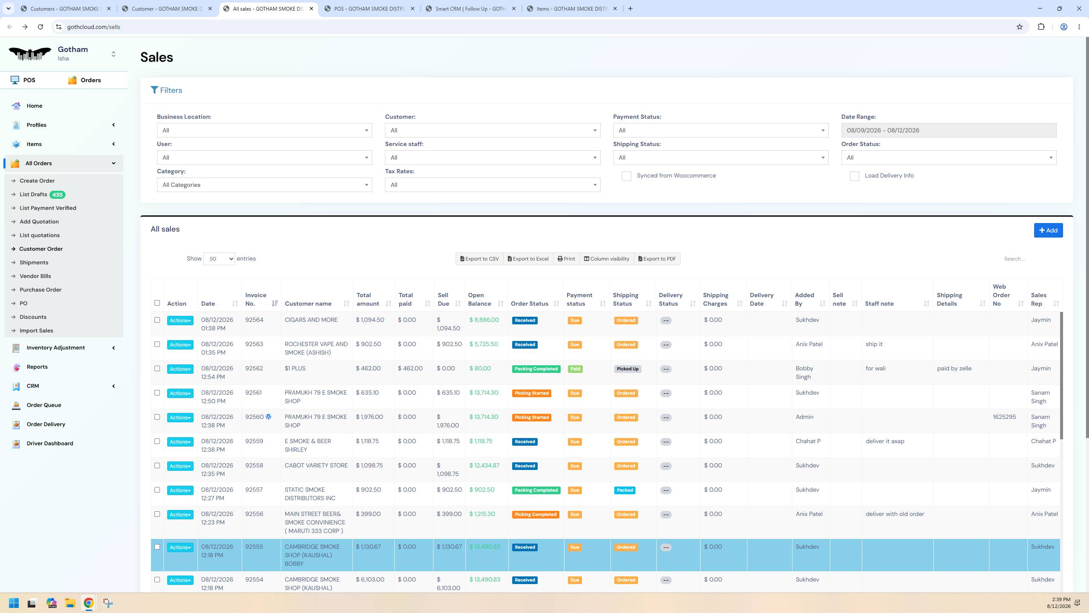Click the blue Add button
pos(1048,230)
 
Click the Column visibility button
pos(607,259)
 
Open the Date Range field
pos(949,130)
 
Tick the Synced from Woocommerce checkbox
pos(626,176)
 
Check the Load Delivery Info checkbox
pos(854,176)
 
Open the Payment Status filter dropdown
pos(721,130)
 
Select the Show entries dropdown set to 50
pos(219,259)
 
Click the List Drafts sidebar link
pos(33,195)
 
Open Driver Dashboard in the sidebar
pos(50,443)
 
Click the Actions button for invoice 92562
pos(180,369)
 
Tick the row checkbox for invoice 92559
pos(157,441)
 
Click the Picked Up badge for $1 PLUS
pos(627,369)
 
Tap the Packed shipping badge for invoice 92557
pos(625,490)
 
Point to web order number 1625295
pos(1004,417)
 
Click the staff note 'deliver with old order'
pos(895,514)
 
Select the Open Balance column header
pos(480,299)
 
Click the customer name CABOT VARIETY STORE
pos(316,466)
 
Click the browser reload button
pos(40,27)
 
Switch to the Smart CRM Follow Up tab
pos(471,9)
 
